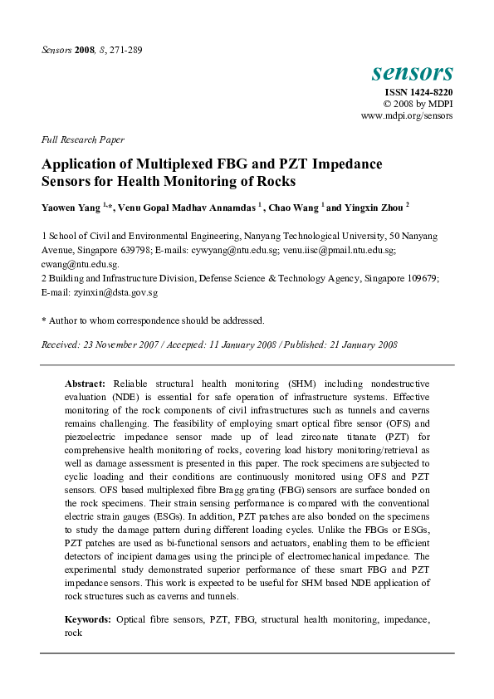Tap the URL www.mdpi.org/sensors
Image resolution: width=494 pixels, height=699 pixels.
point(407,116)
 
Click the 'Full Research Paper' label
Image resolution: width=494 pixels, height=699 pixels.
point(82,140)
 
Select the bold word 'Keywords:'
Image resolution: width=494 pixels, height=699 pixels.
point(88,619)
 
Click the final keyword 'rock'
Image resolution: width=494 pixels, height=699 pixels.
point(74,632)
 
